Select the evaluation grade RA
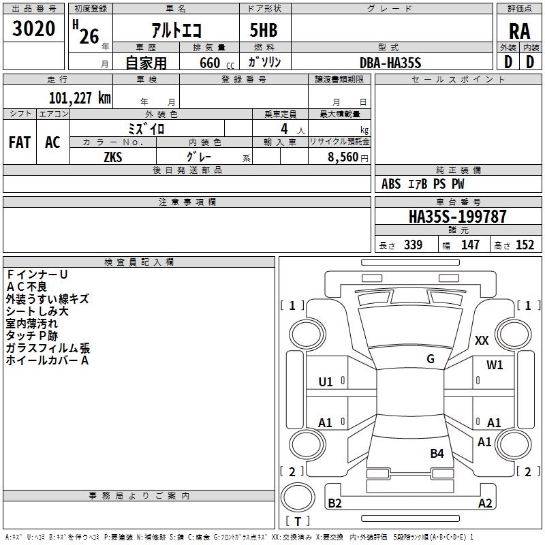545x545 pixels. pyautogui.click(x=519, y=31)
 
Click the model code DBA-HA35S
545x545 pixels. pyautogui.click(x=391, y=63)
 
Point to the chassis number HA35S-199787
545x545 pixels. pyautogui.click(x=458, y=217)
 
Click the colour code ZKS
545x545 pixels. pyautogui.click(x=113, y=156)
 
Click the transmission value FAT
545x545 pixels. pyautogui.click(x=20, y=142)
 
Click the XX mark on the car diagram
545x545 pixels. pyautogui.click(x=482, y=341)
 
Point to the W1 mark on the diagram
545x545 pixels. pyautogui.click(x=495, y=365)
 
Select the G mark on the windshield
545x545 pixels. pyautogui.click(x=431, y=359)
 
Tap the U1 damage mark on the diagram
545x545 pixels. pyautogui.click(x=326, y=382)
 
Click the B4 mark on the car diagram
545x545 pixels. pyautogui.click(x=437, y=453)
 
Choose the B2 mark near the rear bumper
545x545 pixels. pyautogui.click(x=334, y=503)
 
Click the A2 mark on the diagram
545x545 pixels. pyautogui.click(x=485, y=503)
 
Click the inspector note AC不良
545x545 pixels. pyautogui.click(x=27, y=286)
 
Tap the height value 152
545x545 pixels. pyautogui.click(x=525, y=245)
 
